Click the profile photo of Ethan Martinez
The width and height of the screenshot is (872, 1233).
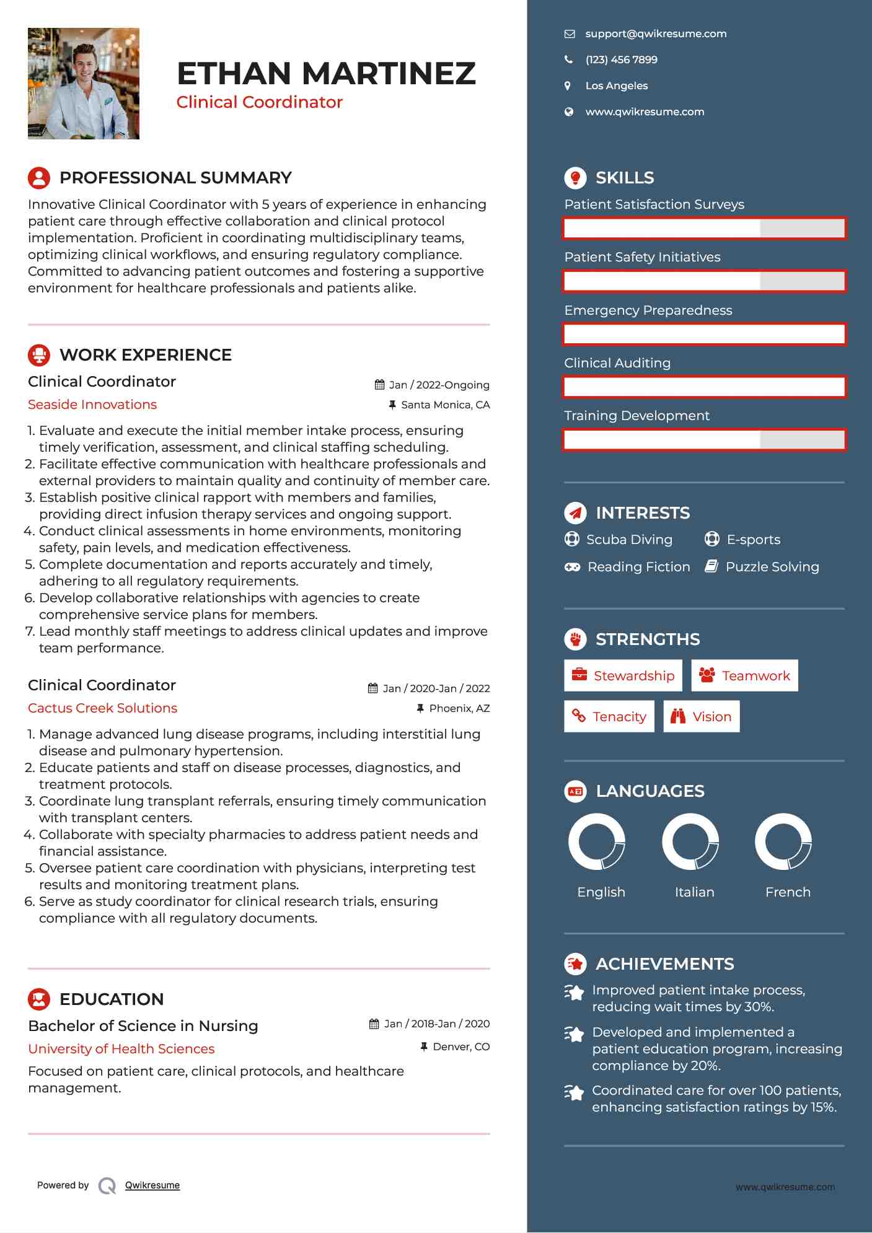(84, 84)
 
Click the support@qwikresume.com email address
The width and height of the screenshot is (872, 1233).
(656, 34)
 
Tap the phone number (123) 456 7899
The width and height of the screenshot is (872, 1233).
(621, 60)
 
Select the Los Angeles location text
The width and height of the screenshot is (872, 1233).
(616, 86)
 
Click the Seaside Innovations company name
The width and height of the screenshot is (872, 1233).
(92, 405)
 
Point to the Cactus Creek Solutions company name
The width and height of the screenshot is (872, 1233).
(102, 708)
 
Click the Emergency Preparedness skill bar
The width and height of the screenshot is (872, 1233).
(704, 335)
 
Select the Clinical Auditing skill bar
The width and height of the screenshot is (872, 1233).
(704, 387)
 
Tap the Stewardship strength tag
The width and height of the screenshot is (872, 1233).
(623, 675)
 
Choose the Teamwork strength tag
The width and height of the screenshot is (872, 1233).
(744, 675)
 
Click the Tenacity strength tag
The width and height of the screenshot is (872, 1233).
(609, 717)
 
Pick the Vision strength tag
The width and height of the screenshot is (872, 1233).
(701, 717)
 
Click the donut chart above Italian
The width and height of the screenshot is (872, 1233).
(690, 842)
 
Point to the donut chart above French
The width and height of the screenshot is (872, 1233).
(783, 842)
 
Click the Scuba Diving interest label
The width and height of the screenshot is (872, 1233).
(629, 540)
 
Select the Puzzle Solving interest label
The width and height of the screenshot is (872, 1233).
(772, 567)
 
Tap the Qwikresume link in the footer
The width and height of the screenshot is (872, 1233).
(152, 1185)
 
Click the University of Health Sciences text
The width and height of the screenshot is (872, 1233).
(121, 1049)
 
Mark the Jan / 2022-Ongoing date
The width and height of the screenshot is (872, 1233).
(439, 385)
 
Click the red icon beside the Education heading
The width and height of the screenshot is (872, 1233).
(39, 999)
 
